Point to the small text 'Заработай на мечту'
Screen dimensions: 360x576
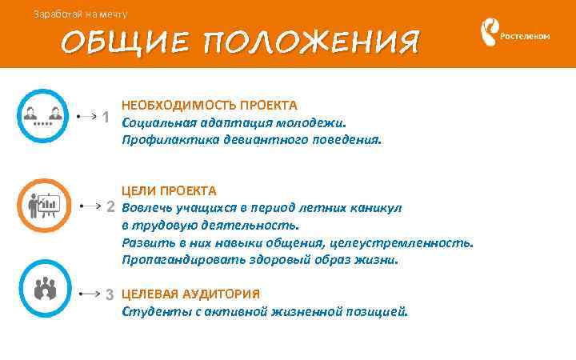tap(79, 14)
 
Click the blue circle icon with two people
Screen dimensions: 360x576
tap(42, 116)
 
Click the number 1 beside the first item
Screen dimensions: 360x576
tap(106, 118)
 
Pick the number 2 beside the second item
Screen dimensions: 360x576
tap(111, 208)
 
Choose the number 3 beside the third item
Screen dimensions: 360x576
tap(110, 294)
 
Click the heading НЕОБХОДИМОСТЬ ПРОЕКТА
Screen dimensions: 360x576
tap(210, 106)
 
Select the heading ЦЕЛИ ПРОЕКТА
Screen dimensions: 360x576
tap(169, 190)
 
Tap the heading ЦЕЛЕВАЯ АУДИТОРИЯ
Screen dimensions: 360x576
tap(190, 294)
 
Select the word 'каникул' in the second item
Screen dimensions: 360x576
tap(377, 208)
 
